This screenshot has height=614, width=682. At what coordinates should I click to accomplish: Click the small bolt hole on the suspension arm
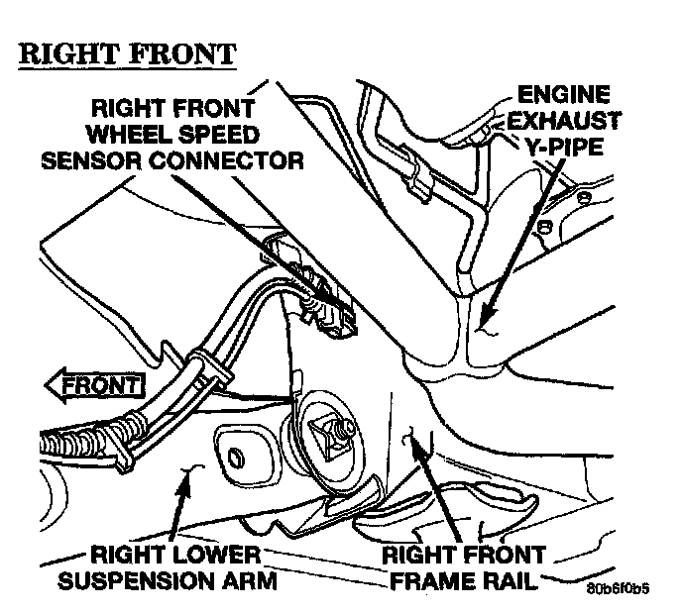point(236,458)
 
